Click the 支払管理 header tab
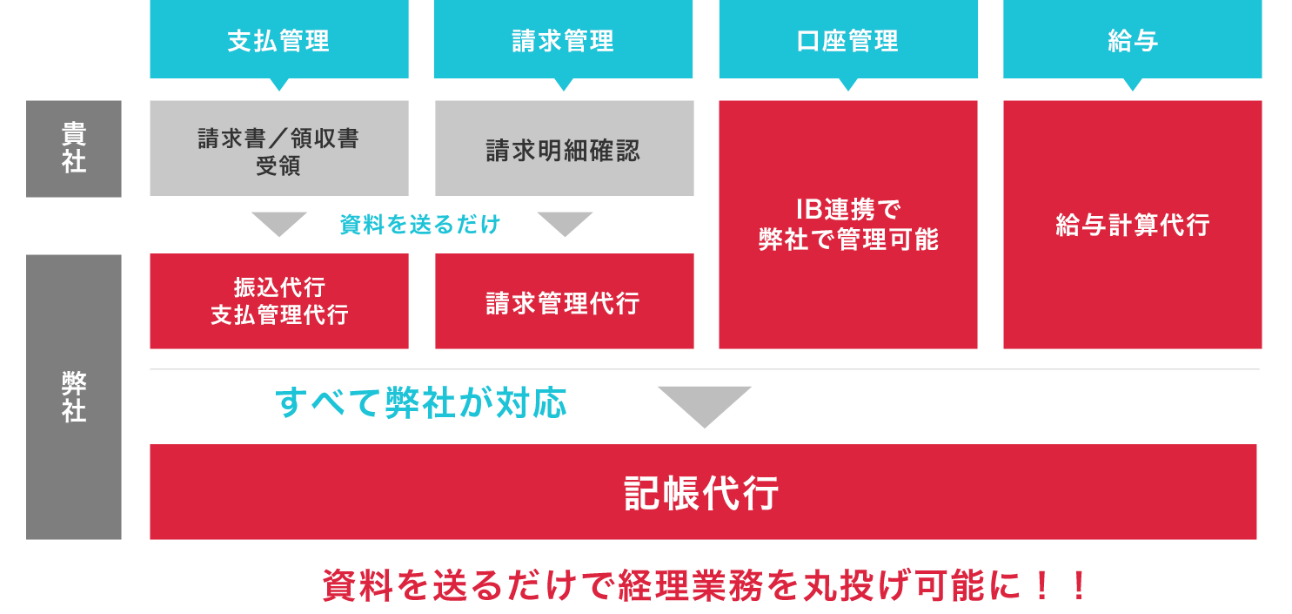point(278,39)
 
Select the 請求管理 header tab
point(563,39)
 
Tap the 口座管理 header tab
point(847,39)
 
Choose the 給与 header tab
point(1132,39)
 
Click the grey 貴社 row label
point(74,148)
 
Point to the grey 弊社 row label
point(74,397)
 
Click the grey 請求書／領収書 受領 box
point(278,148)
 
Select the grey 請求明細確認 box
point(564,148)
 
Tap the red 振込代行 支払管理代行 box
point(278,301)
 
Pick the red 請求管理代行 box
point(564,301)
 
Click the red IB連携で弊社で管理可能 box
point(847,225)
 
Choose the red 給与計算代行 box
point(1132,225)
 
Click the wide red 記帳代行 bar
point(703,492)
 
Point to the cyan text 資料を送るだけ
point(420,225)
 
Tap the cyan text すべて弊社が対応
point(421,403)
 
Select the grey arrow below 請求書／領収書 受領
point(278,223)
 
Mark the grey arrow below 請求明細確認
point(564,223)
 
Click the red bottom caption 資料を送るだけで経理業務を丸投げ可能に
point(705,586)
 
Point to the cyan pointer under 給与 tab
point(1132,84)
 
